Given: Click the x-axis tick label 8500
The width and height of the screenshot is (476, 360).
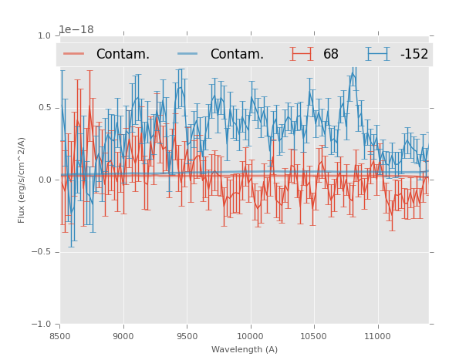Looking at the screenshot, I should tap(59, 336).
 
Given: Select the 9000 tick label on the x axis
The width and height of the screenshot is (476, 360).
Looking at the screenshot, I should tap(123, 336).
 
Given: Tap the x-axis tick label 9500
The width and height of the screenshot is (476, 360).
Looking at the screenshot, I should tap(187, 336).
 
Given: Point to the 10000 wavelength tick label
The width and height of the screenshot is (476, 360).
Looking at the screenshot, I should tap(250, 336).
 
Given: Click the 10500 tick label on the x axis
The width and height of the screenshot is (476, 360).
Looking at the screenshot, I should tap(313, 336).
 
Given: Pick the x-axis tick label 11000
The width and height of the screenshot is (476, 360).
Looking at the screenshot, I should tap(377, 336).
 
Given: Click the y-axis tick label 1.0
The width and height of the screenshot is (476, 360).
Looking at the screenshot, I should tap(44, 36).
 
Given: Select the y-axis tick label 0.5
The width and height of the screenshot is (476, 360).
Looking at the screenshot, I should tap(44, 108).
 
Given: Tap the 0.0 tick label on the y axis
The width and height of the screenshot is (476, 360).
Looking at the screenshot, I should tap(44, 180).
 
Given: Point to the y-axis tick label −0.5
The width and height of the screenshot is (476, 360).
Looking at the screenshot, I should tap(42, 252).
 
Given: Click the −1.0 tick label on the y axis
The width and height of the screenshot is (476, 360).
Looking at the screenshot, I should tap(42, 325).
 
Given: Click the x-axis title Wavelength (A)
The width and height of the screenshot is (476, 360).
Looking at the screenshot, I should tap(245, 349).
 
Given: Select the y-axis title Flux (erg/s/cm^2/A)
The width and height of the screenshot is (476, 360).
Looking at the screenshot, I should tap(22, 180).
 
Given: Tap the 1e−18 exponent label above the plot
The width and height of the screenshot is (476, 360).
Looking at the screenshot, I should tap(76, 30).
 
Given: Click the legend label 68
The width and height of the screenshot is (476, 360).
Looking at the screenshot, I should tap(331, 55).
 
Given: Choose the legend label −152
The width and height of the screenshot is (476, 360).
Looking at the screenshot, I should tap(414, 55).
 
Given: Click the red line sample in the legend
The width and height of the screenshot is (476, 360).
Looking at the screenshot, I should tap(74, 54).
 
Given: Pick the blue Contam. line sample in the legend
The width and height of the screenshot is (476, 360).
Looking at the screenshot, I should tap(188, 54).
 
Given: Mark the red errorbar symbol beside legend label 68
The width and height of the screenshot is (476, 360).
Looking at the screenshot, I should tap(302, 54).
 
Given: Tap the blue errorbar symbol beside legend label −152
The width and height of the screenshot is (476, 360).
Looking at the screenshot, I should tap(377, 54).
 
